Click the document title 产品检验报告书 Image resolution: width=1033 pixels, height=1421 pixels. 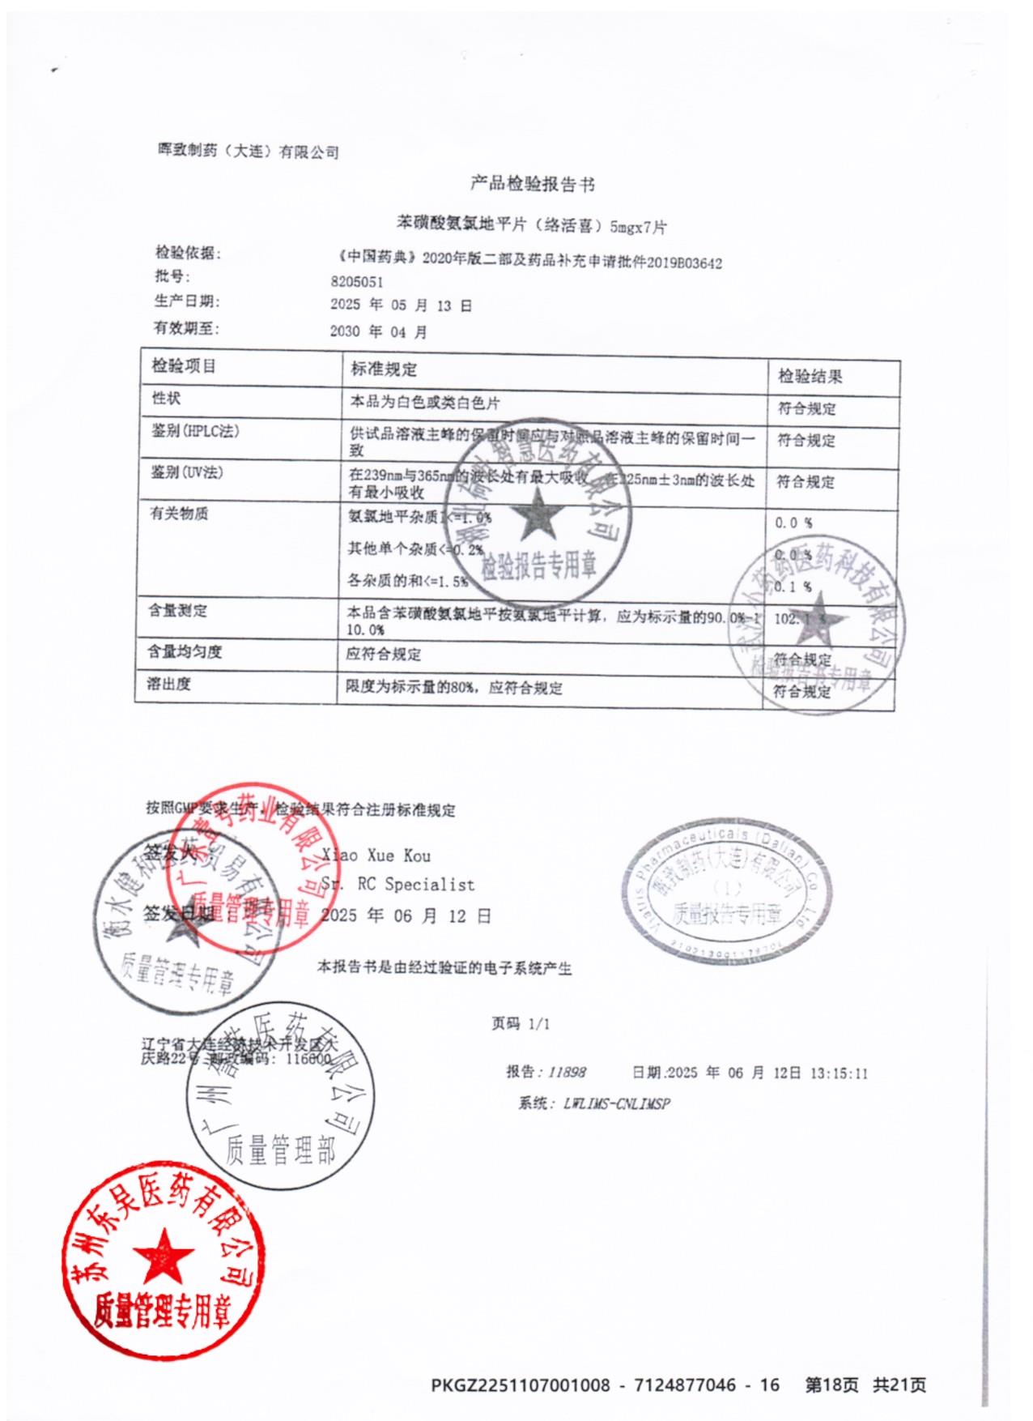pos(533,185)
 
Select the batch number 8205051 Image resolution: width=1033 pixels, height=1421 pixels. pos(356,282)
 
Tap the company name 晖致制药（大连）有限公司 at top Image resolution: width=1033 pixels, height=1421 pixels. pos(248,151)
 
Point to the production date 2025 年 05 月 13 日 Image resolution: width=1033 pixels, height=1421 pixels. pos(401,305)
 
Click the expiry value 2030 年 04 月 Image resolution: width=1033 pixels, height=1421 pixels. pos(378,331)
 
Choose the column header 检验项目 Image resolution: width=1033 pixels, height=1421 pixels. pos(184,366)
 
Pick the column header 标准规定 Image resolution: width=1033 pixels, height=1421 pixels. pos(384,369)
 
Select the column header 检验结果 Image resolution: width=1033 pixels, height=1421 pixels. pos(810,376)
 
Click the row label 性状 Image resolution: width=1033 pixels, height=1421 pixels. pos(166,399)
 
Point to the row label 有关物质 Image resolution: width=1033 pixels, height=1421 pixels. pos(179,514)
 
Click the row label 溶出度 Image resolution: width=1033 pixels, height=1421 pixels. pos(168,685)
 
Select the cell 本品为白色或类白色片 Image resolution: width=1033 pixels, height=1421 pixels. pos(424,403)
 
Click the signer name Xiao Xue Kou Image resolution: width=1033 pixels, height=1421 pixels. pos(376,856)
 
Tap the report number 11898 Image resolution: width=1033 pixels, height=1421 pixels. pos(566,1072)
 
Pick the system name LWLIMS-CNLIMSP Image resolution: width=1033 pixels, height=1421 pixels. pos(616,1103)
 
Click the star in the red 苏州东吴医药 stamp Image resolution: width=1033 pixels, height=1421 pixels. pos(163,1257)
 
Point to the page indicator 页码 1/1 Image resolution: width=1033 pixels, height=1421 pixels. pos(520,1024)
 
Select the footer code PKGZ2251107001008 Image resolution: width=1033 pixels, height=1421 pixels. pos(520,1385)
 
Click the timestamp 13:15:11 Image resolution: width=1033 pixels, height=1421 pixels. pos(838,1073)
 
